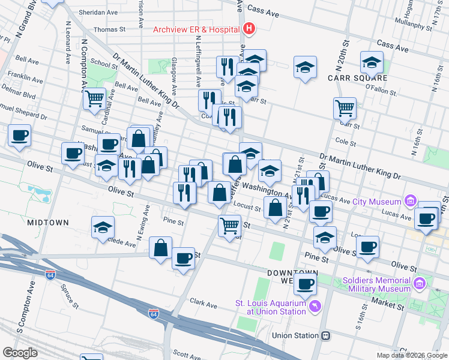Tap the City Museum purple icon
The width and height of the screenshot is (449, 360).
[x=410, y=200]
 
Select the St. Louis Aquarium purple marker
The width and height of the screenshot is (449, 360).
[x=315, y=307]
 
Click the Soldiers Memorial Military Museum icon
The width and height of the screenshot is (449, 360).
[x=420, y=282]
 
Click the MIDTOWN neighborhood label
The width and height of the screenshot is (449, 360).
[x=48, y=222]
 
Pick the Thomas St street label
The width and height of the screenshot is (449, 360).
[x=109, y=28]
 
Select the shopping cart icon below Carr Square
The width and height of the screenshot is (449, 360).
[x=345, y=107]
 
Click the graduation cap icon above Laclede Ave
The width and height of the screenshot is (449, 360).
[x=103, y=227]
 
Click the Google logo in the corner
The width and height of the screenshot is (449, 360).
[x=20, y=353]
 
